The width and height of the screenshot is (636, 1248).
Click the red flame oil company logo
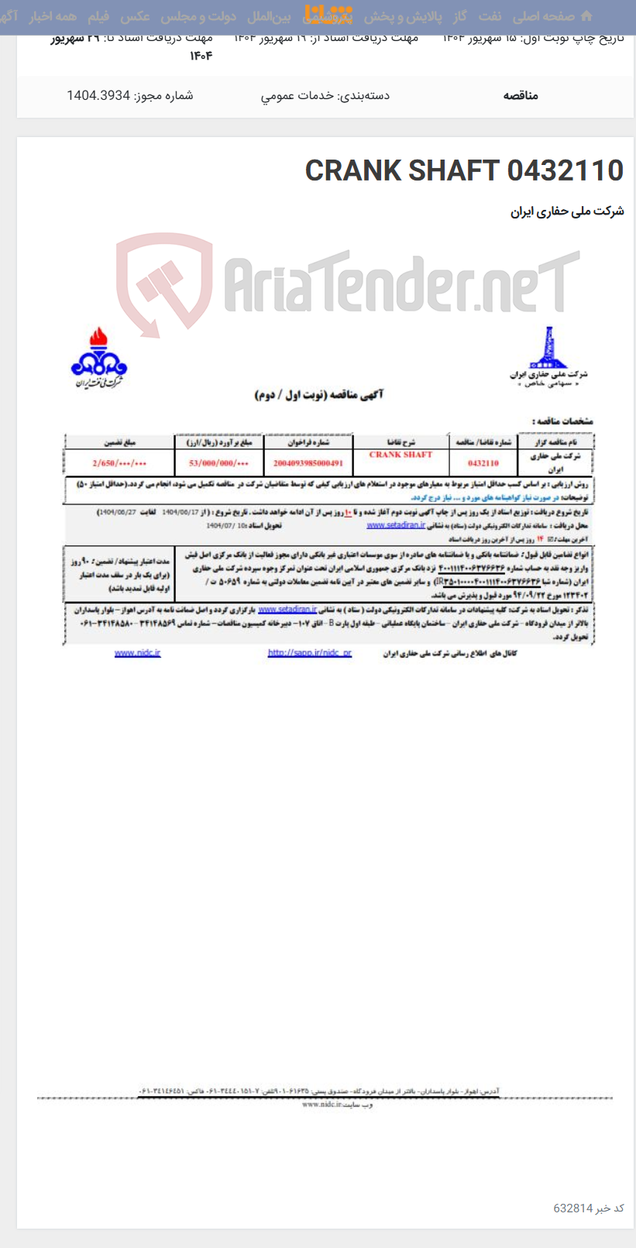pyautogui.click(x=98, y=357)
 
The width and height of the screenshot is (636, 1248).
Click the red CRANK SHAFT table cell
pyautogui.click(x=401, y=455)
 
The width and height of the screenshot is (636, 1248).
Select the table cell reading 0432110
pyautogui.click(x=483, y=462)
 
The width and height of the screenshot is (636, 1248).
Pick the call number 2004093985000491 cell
pyautogui.click(x=308, y=462)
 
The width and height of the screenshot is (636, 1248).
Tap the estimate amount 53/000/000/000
pyautogui.click(x=219, y=462)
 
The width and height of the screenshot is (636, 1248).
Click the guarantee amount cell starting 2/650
pyautogui.click(x=119, y=462)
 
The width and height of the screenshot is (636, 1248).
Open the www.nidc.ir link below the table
pyautogui.click(x=137, y=653)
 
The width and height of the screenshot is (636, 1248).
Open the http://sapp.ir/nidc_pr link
pyautogui.click(x=309, y=653)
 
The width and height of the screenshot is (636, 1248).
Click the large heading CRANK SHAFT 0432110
pyautogui.click(x=464, y=170)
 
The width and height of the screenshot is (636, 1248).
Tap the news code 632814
pyautogui.click(x=573, y=1208)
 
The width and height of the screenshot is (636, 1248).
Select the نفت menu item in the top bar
pyautogui.click(x=490, y=16)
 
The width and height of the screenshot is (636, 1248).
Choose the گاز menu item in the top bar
pyautogui.click(x=461, y=16)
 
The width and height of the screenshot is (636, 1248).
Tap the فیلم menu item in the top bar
pyautogui.click(x=98, y=16)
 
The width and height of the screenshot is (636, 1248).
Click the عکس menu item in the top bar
pyautogui.click(x=136, y=16)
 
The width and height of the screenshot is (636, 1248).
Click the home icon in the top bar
pyautogui.click(x=586, y=16)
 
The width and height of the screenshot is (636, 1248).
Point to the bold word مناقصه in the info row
pyautogui.click(x=520, y=95)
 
